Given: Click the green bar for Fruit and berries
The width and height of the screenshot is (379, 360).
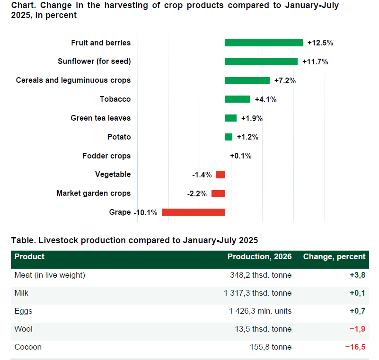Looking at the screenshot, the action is (264, 43).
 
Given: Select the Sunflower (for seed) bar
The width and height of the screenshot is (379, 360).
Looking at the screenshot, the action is (261, 61).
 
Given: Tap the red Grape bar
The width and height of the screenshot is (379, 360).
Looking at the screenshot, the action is (194, 212).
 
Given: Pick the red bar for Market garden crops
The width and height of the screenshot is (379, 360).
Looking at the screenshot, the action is (218, 193).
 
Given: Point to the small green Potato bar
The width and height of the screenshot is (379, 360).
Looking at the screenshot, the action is (229, 137).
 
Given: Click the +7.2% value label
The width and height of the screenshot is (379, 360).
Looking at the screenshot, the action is (285, 80).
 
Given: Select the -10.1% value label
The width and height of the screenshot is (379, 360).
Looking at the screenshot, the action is (146, 212).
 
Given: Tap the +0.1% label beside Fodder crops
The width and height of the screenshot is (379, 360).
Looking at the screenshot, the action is (241, 156).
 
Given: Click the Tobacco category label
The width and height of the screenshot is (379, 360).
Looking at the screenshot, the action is (115, 99).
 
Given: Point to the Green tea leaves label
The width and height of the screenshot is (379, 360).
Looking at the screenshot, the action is (101, 118).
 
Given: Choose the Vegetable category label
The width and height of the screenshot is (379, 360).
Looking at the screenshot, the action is (113, 175).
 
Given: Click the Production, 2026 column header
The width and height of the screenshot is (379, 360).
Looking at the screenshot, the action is (260, 256).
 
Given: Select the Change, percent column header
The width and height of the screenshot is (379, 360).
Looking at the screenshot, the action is (334, 256).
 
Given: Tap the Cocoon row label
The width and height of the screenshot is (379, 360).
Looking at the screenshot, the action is (28, 347).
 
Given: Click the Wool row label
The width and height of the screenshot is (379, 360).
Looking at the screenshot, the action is (24, 329).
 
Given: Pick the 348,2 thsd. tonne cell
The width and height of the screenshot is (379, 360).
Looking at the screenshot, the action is (261, 275).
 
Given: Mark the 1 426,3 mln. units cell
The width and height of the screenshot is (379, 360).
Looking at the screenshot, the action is (260, 311).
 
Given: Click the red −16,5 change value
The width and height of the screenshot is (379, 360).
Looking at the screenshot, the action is (355, 347).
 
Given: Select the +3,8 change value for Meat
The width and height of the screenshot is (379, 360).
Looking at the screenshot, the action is (358, 275).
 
